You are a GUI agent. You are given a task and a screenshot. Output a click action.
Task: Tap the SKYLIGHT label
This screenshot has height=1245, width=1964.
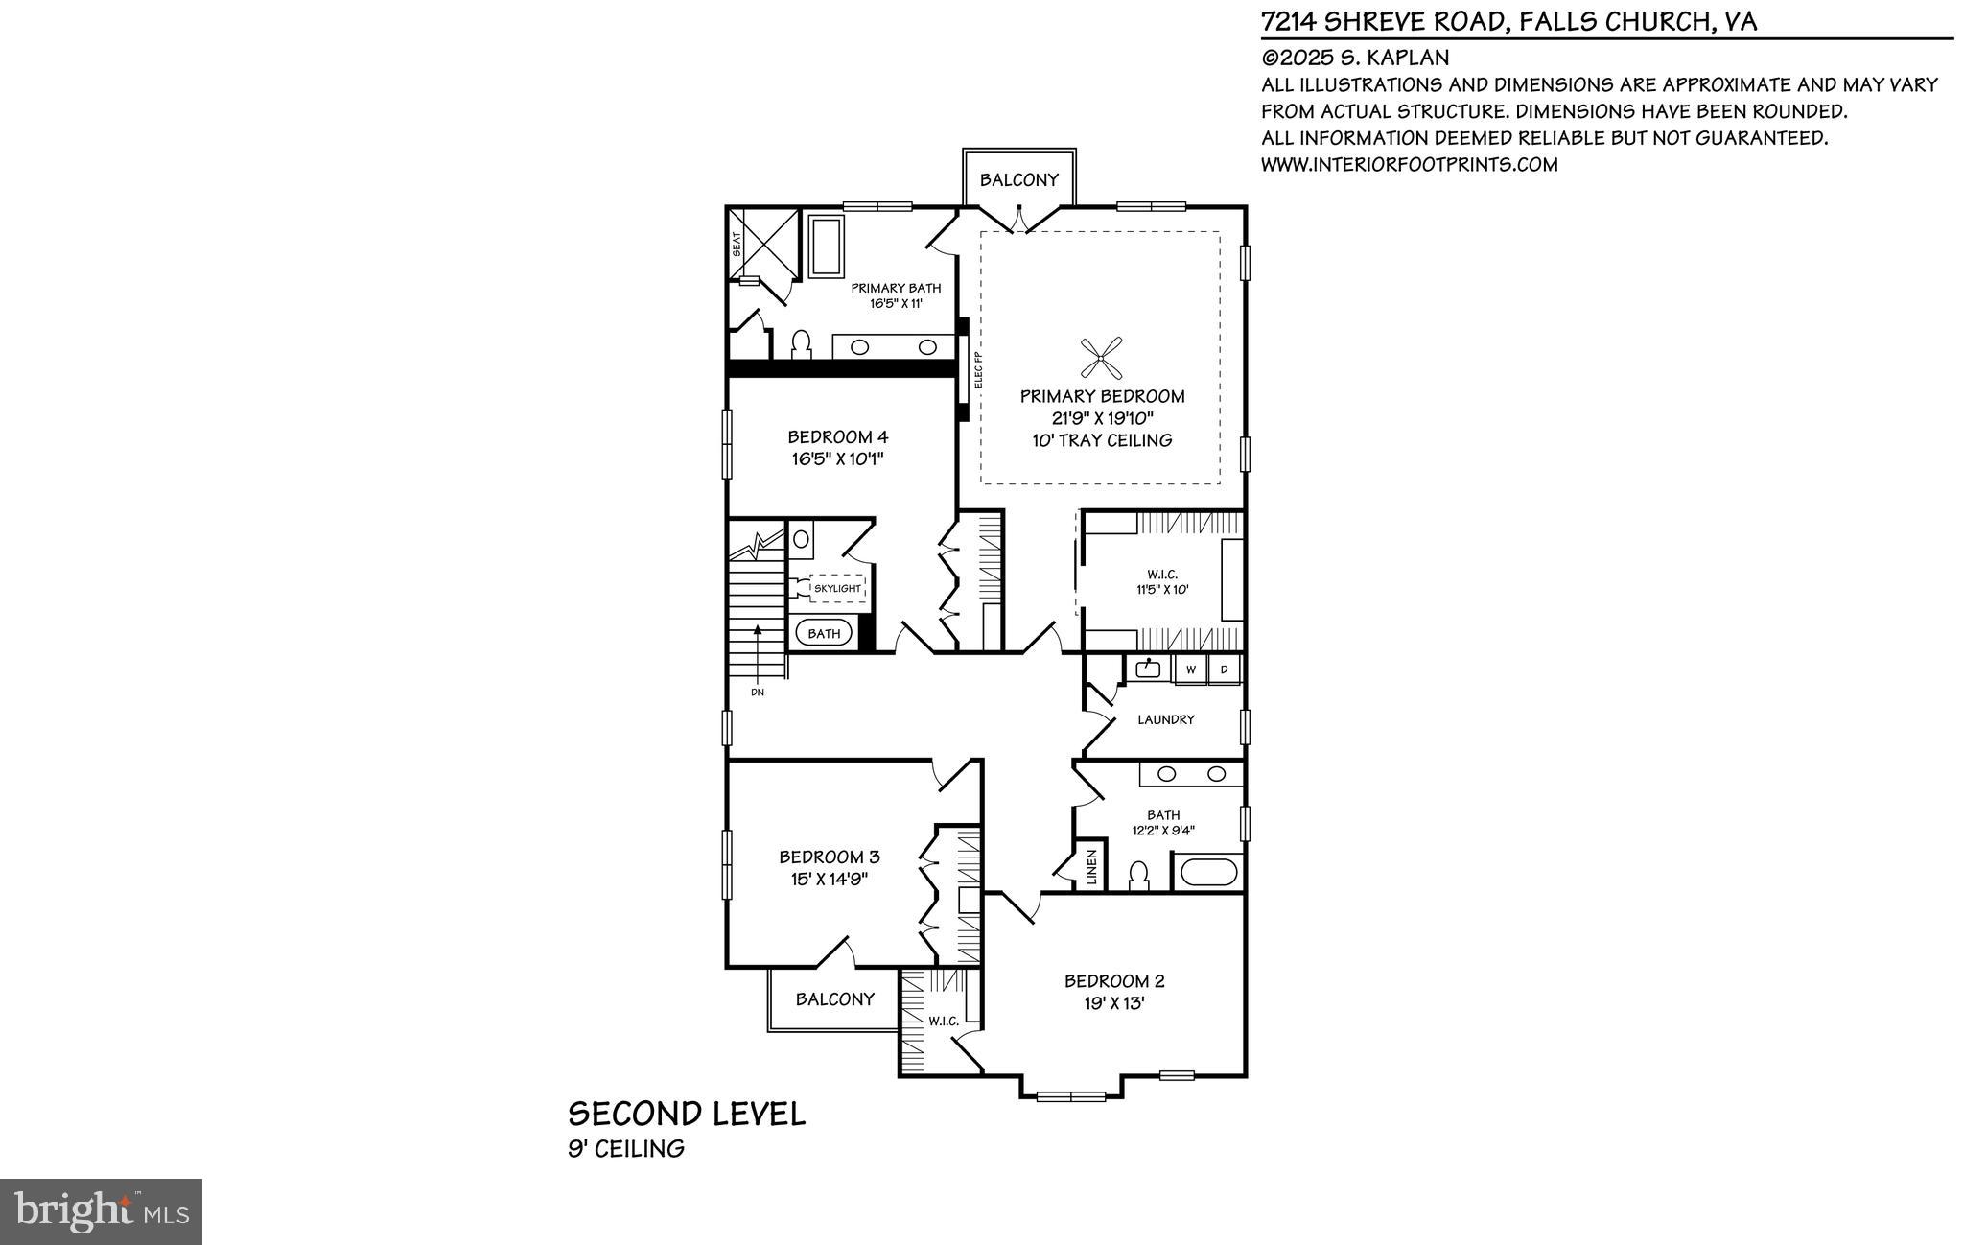click(837, 588)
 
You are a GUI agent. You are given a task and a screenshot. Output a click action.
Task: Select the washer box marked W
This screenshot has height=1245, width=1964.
click(1191, 669)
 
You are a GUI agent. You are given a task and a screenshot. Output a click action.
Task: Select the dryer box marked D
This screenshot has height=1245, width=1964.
click(1225, 669)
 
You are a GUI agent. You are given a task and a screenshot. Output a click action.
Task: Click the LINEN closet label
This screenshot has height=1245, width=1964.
click(1090, 868)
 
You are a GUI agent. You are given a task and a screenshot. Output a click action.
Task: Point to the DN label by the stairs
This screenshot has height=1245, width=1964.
click(758, 692)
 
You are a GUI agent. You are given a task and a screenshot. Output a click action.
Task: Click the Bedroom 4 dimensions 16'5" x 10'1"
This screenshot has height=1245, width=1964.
click(837, 459)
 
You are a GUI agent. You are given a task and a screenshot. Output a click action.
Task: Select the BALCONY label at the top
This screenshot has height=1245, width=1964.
click(1019, 179)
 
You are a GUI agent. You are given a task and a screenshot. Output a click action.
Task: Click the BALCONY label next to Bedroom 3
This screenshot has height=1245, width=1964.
click(834, 999)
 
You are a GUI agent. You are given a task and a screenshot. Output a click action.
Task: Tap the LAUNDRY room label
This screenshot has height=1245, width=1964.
click(1165, 719)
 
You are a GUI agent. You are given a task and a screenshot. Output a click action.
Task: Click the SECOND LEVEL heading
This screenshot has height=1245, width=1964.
click(687, 1115)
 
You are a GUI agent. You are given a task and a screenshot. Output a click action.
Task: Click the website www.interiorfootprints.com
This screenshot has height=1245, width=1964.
click(1409, 165)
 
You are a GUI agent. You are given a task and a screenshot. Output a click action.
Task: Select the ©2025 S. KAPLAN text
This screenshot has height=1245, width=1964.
click(1355, 58)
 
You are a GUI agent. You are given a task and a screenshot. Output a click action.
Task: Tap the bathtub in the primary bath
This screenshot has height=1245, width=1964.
click(826, 247)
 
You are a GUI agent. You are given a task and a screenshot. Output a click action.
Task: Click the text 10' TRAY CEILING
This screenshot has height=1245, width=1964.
click(1102, 441)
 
